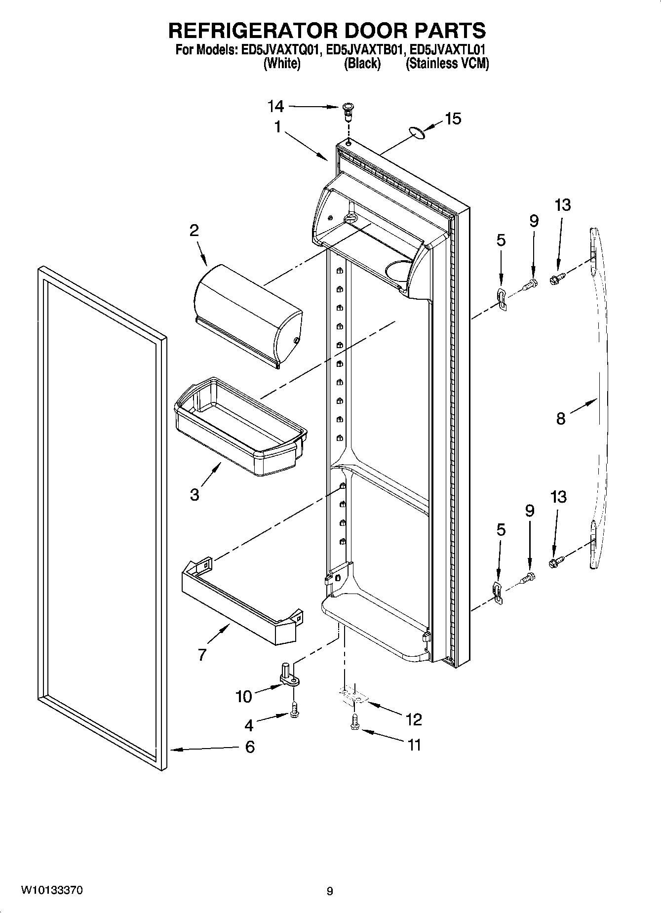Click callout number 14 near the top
(x=276, y=106)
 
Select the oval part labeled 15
(x=417, y=132)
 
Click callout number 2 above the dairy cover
(x=194, y=230)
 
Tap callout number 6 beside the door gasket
(x=250, y=747)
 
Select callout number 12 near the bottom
(x=414, y=719)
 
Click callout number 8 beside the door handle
(x=561, y=419)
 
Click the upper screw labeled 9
(x=531, y=285)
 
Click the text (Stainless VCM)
(x=447, y=64)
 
